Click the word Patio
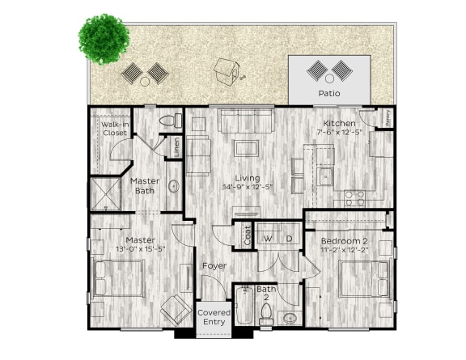click(x=330, y=94)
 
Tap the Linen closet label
click(x=176, y=147)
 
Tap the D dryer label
click(x=288, y=239)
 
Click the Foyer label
click(x=214, y=265)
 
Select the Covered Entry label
click(x=214, y=317)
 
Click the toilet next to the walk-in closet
click(x=169, y=121)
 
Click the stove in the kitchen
click(x=354, y=197)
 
